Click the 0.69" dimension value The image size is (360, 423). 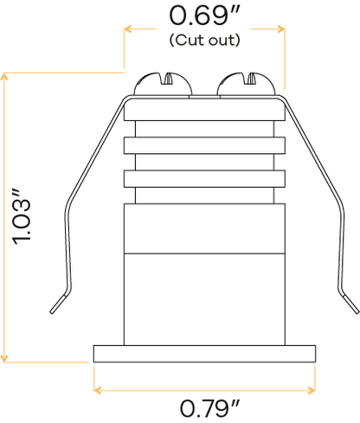click(x=204, y=16)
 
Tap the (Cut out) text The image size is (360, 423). click(x=204, y=40)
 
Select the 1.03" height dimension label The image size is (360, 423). click(x=21, y=217)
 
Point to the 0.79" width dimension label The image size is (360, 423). click(x=209, y=407)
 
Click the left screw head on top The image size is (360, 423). click(x=163, y=84)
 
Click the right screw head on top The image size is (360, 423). click(x=247, y=84)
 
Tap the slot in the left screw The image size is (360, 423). click(x=167, y=79)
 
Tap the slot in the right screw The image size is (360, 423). click(x=250, y=79)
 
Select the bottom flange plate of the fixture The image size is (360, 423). click(x=204, y=354)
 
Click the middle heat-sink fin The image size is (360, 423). click(x=204, y=145)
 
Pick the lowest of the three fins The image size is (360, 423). click(x=204, y=179)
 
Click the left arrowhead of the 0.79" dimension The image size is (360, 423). click(x=98, y=390)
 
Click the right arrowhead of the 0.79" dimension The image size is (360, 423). click(x=312, y=390)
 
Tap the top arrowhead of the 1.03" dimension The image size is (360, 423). click(x=4, y=76)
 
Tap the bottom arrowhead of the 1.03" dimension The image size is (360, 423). click(x=4, y=358)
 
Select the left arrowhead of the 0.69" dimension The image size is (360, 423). click(x=128, y=29)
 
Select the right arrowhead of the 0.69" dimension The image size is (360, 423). click(x=281, y=29)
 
